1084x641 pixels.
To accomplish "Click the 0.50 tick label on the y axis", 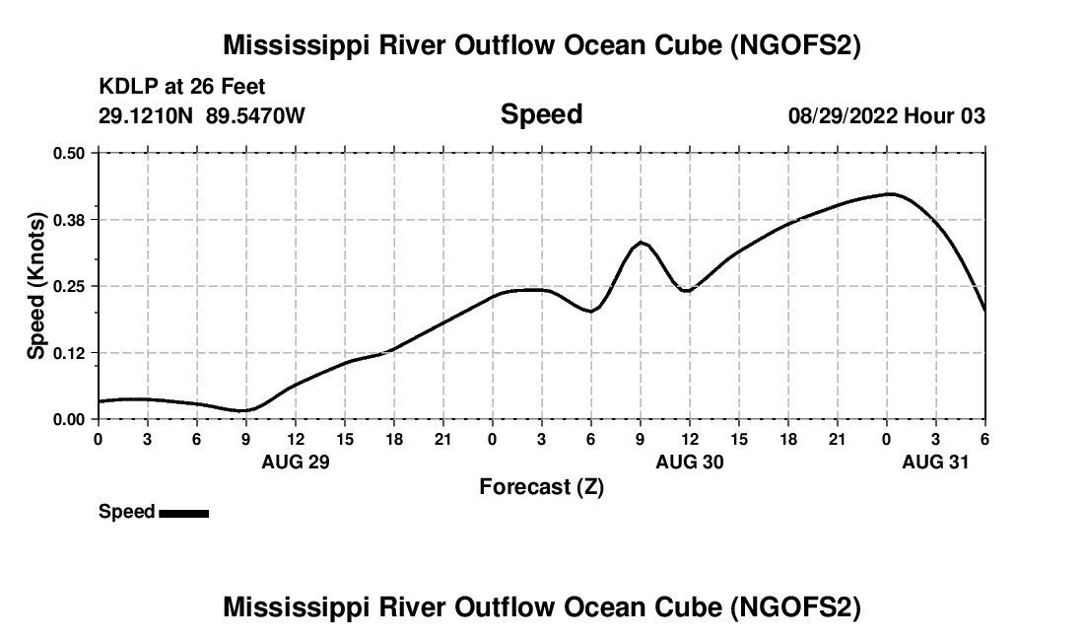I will click(69, 153).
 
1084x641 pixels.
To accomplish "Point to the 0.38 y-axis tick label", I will click(69, 219).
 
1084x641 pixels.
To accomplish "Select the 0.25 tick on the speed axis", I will click(69, 286).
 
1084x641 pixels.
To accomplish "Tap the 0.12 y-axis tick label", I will click(69, 352).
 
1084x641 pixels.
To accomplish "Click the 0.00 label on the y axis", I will click(69, 419).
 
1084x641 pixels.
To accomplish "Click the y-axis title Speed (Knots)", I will click(36, 286).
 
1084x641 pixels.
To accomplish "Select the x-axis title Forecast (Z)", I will click(541, 486).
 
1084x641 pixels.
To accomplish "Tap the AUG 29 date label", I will click(296, 462).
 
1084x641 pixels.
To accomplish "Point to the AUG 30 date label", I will click(690, 462).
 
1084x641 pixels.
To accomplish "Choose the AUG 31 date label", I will click(936, 462).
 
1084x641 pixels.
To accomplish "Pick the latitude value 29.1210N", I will click(145, 116).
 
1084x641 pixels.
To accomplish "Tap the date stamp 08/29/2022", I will click(843, 116).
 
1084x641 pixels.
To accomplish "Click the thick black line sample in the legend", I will click(183, 513).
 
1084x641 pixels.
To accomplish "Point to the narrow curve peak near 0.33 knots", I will click(641, 242).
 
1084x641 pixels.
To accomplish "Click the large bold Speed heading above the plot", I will click(541, 114).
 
